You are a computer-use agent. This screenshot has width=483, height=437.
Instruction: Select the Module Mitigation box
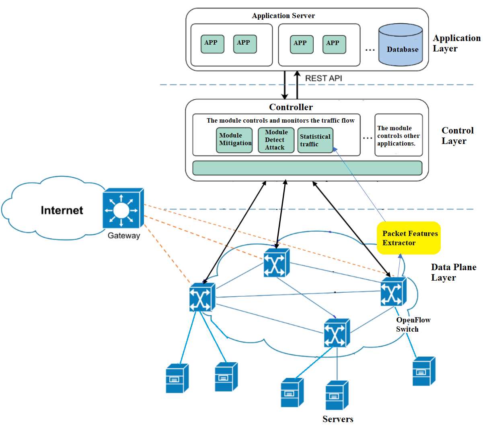tap(234, 140)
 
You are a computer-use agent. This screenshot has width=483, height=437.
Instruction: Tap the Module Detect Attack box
tap(276, 140)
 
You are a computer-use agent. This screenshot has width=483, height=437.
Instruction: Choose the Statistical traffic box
tap(315, 140)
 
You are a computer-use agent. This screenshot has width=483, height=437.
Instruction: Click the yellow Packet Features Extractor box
tap(409, 238)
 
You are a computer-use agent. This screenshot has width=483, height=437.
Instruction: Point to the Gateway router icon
tap(123, 209)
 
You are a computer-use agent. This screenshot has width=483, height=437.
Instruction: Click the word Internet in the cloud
tap(62, 210)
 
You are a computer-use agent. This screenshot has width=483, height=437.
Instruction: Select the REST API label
tap(323, 78)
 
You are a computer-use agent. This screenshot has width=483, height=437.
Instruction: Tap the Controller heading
tap(291, 107)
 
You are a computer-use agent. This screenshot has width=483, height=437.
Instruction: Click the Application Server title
tap(283, 16)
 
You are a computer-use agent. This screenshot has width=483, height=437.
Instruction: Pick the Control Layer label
tap(457, 135)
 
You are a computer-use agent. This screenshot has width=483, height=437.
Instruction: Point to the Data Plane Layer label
tap(453, 272)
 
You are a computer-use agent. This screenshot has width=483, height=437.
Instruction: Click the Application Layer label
tap(456, 43)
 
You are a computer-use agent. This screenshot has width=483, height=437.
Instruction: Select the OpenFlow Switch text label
tap(413, 324)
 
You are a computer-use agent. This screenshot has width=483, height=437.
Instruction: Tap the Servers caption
tap(338, 419)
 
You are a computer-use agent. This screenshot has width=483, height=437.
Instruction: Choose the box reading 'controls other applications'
tap(398, 135)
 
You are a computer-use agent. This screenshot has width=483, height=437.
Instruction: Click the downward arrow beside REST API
tap(285, 85)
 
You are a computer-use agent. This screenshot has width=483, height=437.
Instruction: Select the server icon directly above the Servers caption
tap(337, 395)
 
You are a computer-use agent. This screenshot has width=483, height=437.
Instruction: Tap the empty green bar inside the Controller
tap(307, 168)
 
